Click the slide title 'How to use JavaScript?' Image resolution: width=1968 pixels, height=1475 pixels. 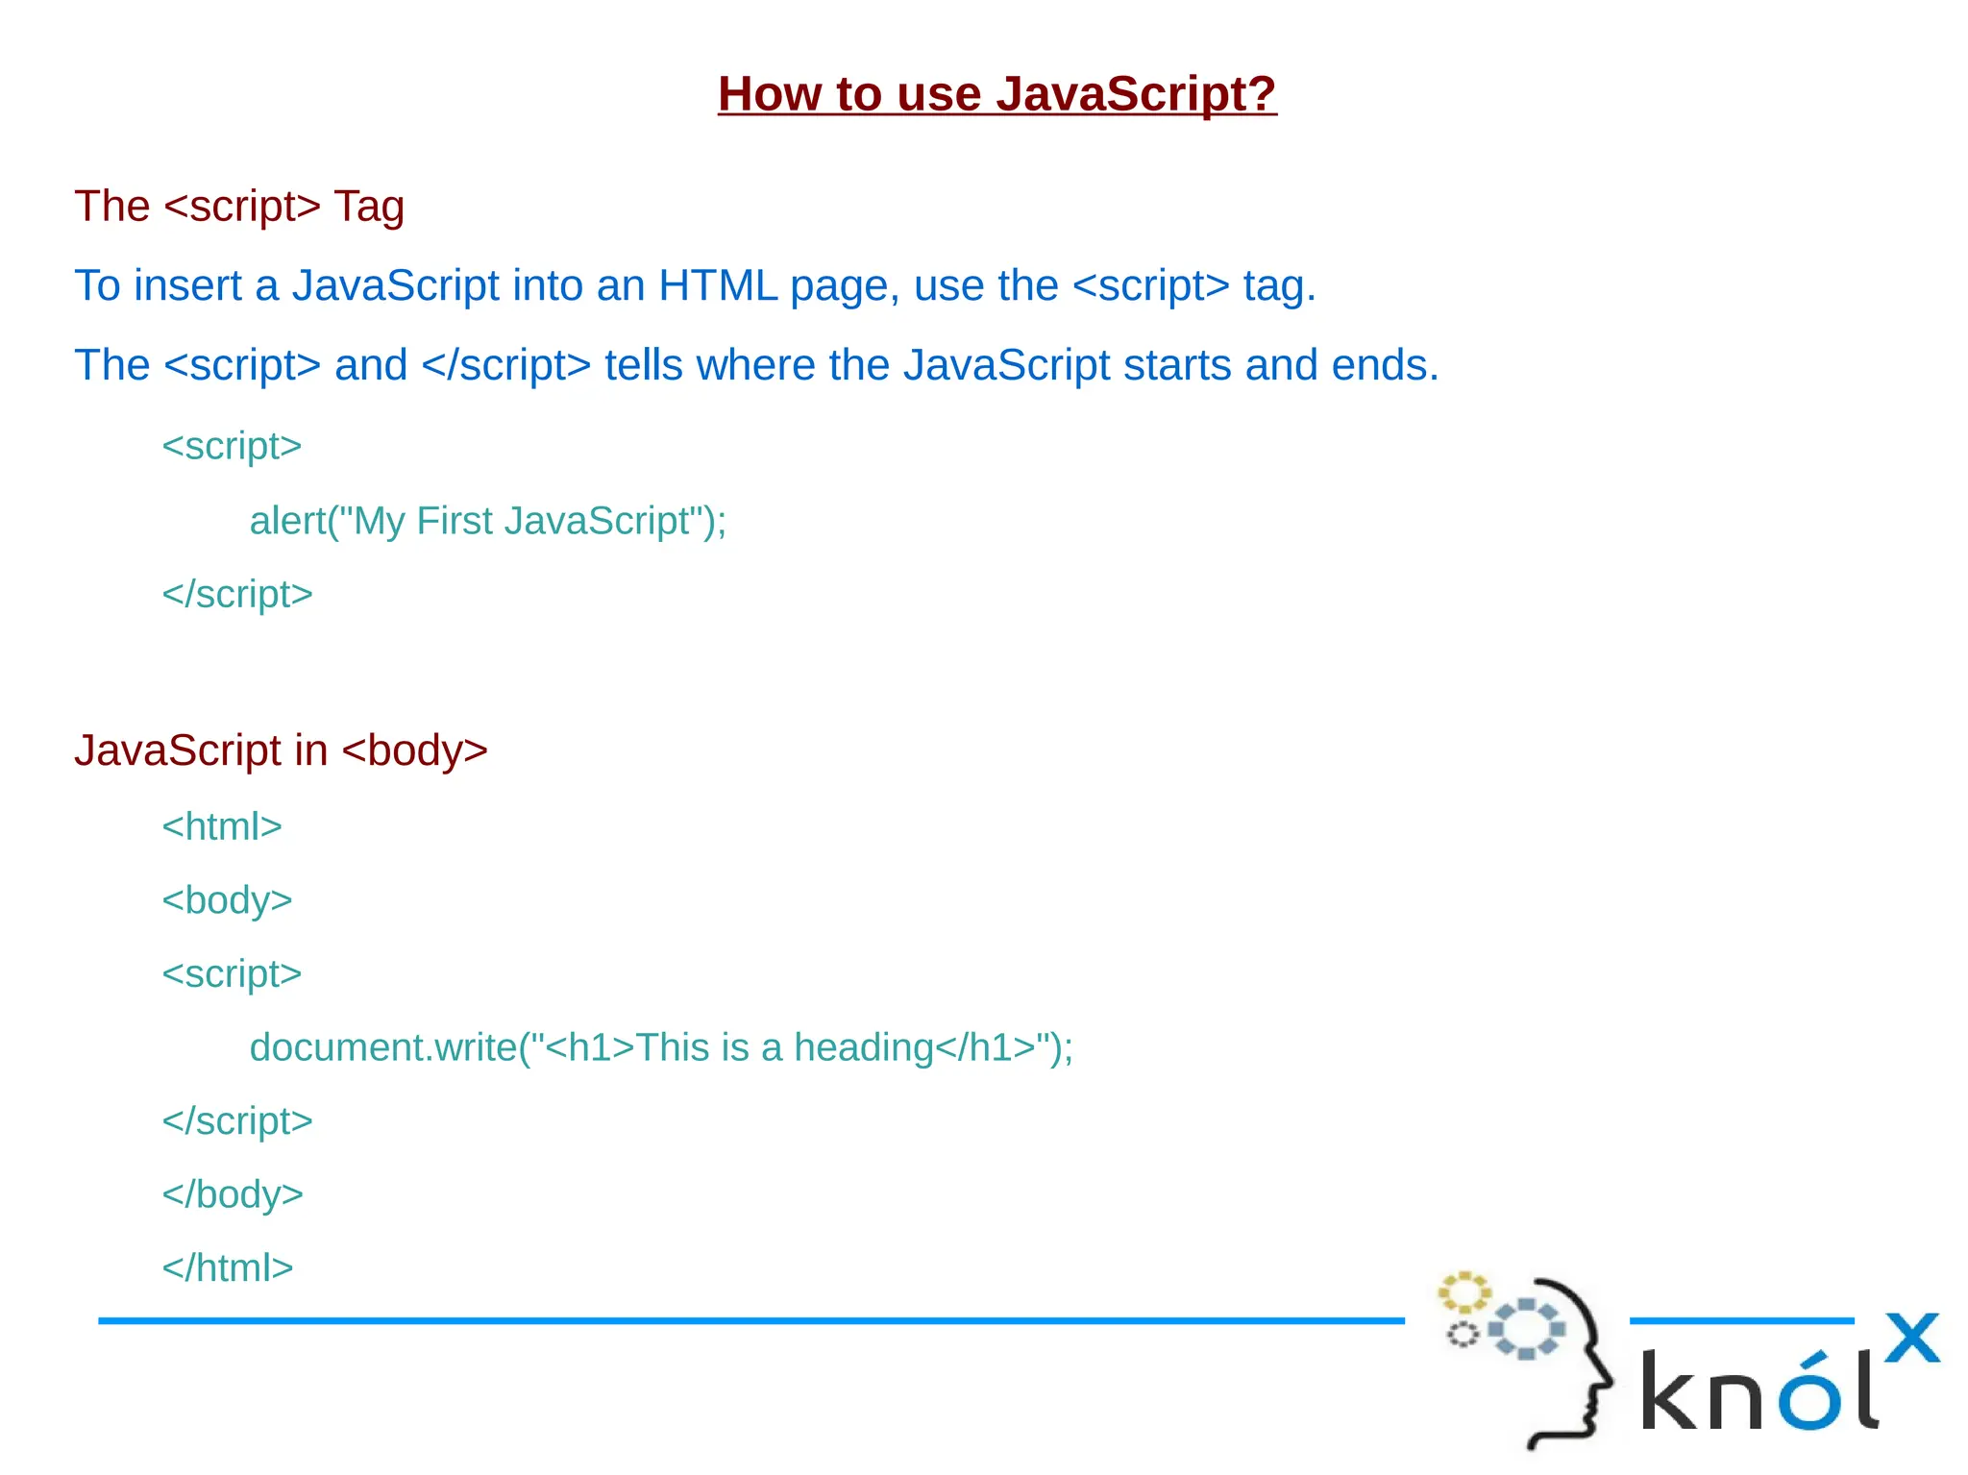click(x=996, y=94)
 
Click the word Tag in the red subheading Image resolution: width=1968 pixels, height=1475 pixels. click(x=368, y=208)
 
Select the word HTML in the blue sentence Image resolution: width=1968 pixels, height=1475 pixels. click(x=717, y=286)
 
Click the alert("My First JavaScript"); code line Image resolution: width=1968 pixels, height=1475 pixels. click(x=487, y=522)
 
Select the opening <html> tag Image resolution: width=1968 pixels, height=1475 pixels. click(x=222, y=827)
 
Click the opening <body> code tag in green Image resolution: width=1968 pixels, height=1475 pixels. click(x=227, y=901)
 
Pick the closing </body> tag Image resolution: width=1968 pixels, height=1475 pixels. click(x=233, y=1195)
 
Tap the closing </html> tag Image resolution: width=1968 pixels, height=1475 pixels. click(x=228, y=1268)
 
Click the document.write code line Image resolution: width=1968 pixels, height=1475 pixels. click(x=661, y=1048)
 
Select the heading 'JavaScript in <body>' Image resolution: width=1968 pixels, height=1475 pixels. click(x=281, y=751)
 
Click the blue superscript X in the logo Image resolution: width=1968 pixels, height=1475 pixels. click(x=1910, y=1339)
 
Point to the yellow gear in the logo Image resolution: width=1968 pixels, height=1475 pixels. click(x=1464, y=1293)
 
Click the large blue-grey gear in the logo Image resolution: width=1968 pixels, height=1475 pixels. click(x=1527, y=1329)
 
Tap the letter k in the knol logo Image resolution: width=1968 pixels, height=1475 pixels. click(x=1672, y=1390)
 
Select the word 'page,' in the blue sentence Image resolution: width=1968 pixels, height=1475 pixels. click(x=845, y=286)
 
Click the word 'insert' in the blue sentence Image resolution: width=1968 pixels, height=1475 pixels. click(x=188, y=286)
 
